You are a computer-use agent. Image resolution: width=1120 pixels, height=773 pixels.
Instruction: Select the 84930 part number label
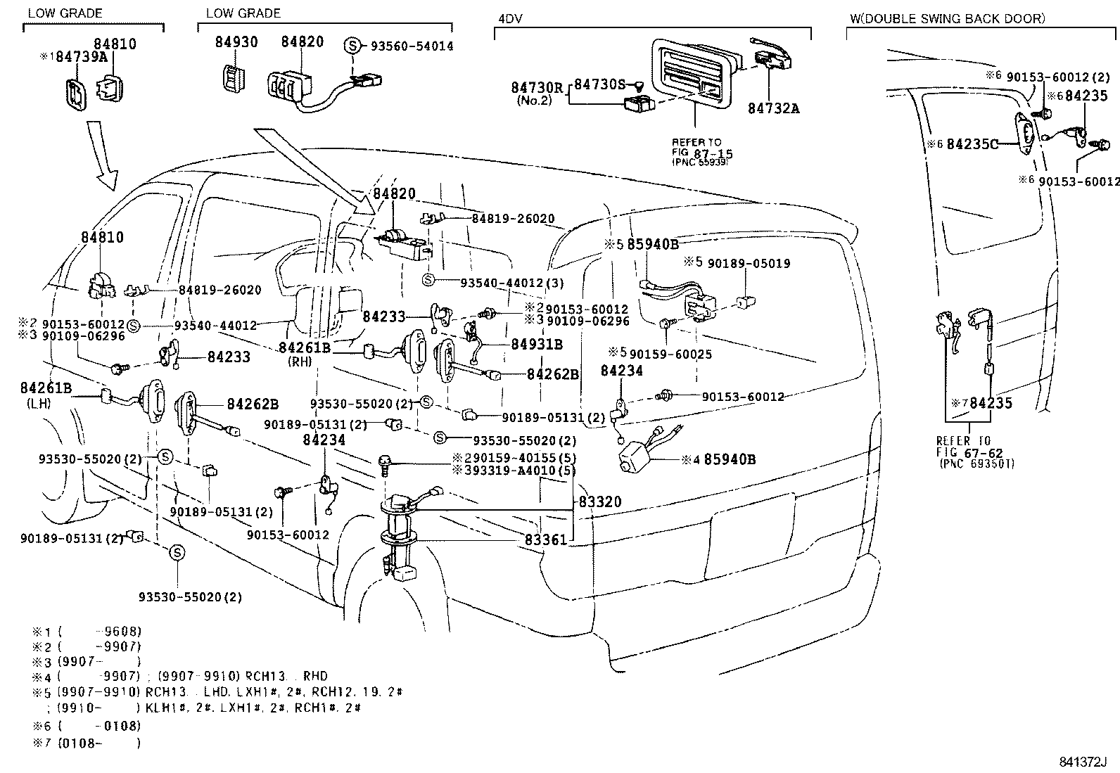point(236,42)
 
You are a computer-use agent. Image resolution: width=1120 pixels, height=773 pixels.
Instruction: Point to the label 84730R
point(537,87)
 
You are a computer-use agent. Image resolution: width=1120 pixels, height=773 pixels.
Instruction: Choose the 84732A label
point(773,108)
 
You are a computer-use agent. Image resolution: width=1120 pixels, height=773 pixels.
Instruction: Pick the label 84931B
point(537,345)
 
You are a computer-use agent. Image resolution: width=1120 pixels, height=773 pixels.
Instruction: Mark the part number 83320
point(600,502)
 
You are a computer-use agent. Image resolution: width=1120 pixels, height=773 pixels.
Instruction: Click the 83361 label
point(545,539)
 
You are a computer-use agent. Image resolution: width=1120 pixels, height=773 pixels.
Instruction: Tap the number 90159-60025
point(670,354)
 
